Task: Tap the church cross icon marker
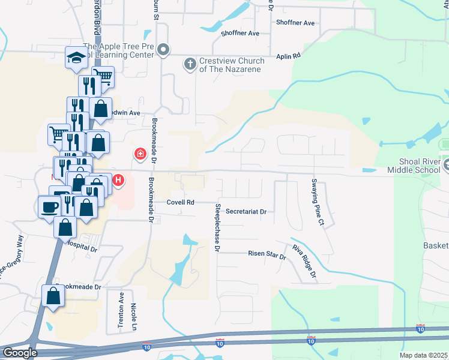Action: tap(190, 63)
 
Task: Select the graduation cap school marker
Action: tap(77, 58)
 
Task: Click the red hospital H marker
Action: tap(119, 179)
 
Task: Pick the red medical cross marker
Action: tap(140, 154)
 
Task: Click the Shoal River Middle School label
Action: tap(424, 166)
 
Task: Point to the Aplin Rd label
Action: tap(288, 56)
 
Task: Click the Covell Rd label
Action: tap(180, 202)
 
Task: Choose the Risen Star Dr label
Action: tap(267, 254)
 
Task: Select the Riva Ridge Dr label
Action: tap(304, 262)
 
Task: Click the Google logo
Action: tap(20, 353)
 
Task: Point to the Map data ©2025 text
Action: tap(423, 355)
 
